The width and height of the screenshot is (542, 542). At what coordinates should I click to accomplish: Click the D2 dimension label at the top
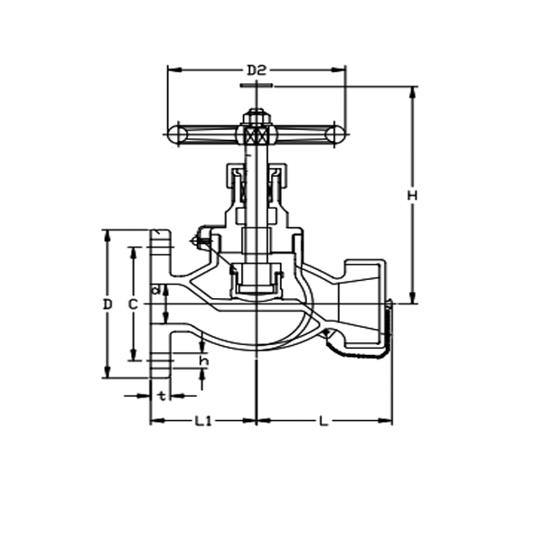(x=257, y=70)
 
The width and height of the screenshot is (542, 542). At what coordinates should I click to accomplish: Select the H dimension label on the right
(x=412, y=196)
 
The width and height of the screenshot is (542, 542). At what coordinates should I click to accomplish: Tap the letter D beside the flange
(x=107, y=304)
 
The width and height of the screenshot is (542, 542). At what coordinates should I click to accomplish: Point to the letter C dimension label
(x=132, y=304)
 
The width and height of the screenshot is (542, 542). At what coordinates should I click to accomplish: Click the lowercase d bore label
(x=155, y=290)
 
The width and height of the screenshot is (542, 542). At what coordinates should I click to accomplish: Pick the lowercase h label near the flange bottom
(x=203, y=360)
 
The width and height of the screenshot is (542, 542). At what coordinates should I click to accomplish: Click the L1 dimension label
(x=203, y=421)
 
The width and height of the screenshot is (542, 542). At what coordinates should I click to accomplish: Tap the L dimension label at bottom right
(x=323, y=421)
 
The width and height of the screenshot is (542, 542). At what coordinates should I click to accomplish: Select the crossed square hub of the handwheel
(x=257, y=135)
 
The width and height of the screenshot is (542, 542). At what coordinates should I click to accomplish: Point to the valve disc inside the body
(x=257, y=279)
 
